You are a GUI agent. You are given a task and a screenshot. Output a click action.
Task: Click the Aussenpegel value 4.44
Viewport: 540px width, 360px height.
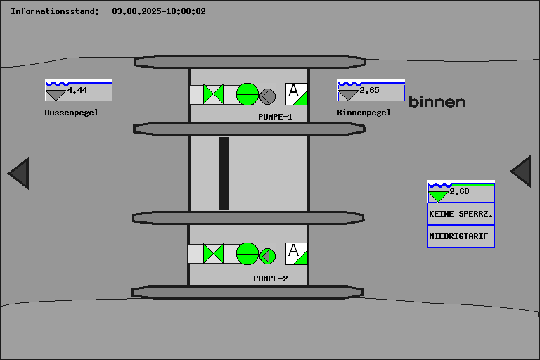coord(77,90)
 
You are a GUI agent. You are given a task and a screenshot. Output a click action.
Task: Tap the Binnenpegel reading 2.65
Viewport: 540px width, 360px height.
coord(369,90)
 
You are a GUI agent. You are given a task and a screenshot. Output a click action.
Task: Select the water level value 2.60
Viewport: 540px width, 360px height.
coord(459,191)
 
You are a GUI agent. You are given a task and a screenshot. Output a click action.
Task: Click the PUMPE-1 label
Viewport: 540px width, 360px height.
coord(275,117)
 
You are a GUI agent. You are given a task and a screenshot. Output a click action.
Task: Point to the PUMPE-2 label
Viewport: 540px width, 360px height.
coord(271,278)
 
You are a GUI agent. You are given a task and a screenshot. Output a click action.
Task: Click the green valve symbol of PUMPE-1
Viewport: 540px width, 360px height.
coord(213,94)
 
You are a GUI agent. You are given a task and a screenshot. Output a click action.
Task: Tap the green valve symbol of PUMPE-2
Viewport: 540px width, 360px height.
coord(213,253)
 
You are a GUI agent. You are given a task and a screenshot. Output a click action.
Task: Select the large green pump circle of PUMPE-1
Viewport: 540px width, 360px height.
coord(247,94)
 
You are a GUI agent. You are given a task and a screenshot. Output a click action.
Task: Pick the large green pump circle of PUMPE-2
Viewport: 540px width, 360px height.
coord(247,253)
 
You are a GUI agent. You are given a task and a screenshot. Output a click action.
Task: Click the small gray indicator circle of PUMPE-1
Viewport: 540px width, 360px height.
coord(268,96)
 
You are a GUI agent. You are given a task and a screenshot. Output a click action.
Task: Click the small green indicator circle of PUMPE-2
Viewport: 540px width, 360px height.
coord(268,255)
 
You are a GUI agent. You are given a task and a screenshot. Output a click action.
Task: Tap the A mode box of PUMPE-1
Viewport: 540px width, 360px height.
coord(296,94)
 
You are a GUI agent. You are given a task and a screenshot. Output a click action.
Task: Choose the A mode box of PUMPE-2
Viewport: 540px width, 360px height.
coord(296,253)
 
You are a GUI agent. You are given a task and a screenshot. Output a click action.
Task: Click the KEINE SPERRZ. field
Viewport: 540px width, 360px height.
coord(461,214)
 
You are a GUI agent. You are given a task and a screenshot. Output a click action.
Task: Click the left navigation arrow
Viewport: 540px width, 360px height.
coord(19,173)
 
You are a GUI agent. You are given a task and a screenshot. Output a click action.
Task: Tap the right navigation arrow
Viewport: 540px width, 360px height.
coord(521,171)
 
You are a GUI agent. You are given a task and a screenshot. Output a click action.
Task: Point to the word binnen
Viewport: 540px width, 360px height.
coord(437,103)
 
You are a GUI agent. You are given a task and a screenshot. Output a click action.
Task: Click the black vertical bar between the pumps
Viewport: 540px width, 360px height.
coord(224,173)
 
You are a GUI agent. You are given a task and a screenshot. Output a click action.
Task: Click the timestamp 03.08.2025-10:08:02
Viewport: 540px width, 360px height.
coord(159,11)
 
